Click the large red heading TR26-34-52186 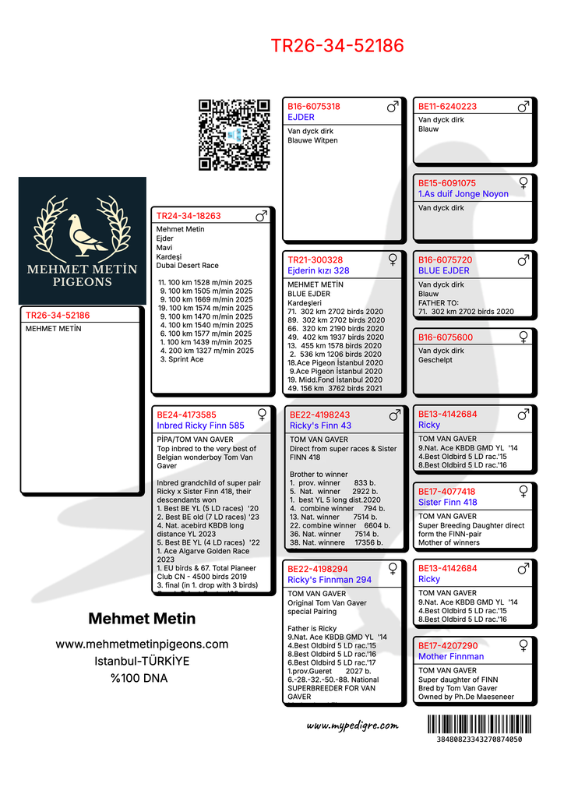tap(337, 46)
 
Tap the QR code tap(234, 135)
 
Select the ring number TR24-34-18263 tap(189, 216)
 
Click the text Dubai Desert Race tap(188, 266)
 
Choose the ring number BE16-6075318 tap(314, 107)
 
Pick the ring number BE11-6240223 tap(447, 107)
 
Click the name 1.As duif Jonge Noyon tap(464, 194)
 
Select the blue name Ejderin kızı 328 tap(319, 270)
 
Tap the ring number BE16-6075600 tap(446, 337)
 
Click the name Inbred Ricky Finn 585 tap(200, 426)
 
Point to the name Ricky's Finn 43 tap(320, 426)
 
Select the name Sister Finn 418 tap(448, 503)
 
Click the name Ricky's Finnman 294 tap(330, 580)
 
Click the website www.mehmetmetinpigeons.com tap(142, 644)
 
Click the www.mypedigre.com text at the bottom tap(352, 726)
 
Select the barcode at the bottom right tap(479, 724)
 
